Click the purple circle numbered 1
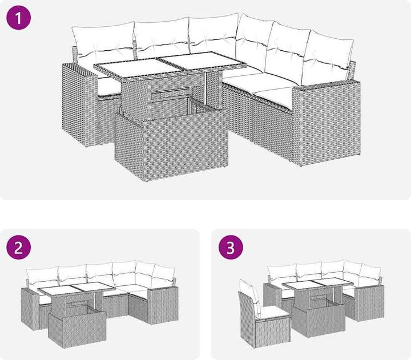(x=19, y=18)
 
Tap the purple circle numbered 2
(x=19, y=247)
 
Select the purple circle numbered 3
(x=231, y=247)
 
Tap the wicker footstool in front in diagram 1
(x=171, y=145)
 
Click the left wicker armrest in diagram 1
(x=80, y=105)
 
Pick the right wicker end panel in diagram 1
(x=327, y=123)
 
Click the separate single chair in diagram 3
(x=263, y=314)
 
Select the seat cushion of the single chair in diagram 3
(x=273, y=312)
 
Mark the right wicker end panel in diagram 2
(x=163, y=305)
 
